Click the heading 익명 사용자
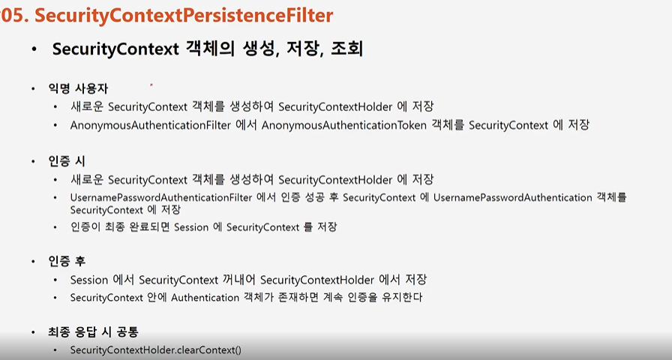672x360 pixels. click(79, 88)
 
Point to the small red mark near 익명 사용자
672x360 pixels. click(151, 85)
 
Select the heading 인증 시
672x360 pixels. click(68, 161)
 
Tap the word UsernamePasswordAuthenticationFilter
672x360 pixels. click(155, 198)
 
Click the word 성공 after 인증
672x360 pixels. click(312, 198)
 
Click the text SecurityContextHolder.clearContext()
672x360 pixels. click(155, 350)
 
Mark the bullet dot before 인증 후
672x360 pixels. click(32, 262)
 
